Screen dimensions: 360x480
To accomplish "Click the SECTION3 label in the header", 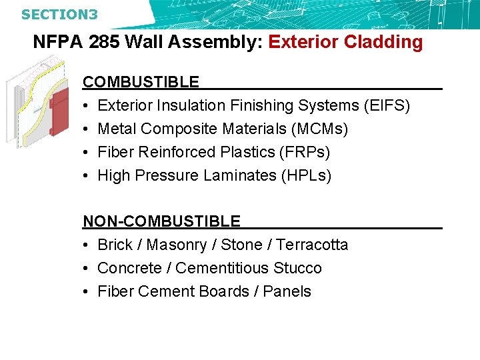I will (59, 13).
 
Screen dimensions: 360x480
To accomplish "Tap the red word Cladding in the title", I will (383, 43).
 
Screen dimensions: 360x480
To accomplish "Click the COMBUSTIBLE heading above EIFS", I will (141, 82).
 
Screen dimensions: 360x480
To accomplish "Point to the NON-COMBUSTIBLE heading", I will (161, 221).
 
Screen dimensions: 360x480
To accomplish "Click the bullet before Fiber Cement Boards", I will (87, 291).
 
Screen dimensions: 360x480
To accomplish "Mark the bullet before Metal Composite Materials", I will (87, 129).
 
